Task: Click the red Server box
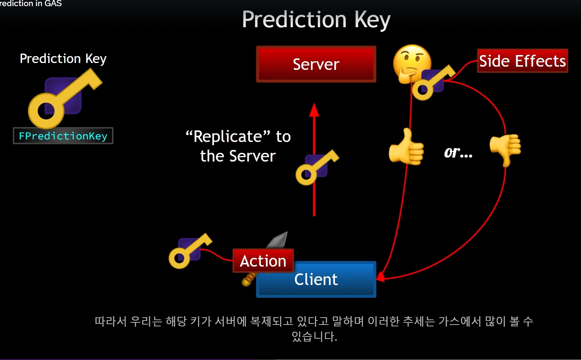click(316, 64)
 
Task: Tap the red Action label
click(263, 261)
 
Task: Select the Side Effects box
click(522, 61)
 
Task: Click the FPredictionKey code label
click(63, 136)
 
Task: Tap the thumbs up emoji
click(406, 148)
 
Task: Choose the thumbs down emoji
click(506, 148)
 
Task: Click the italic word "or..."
click(458, 152)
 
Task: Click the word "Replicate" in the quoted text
click(228, 137)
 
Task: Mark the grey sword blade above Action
click(278, 240)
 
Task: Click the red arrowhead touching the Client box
click(380, 277)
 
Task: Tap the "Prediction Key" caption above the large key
click(63, 59)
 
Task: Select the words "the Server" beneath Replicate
click(238, 156)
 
